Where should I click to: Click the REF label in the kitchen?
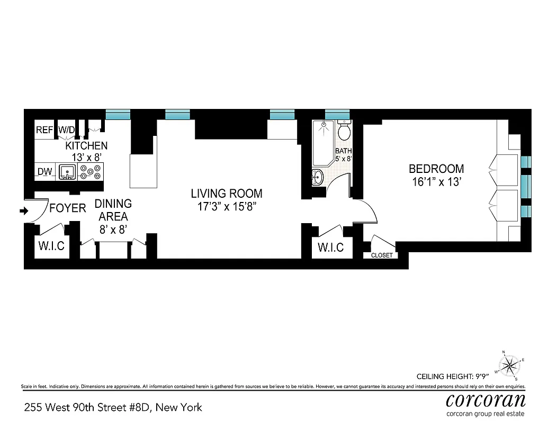[44, 130]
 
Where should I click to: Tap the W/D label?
[66, 130]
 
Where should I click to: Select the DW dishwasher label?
[44, 171]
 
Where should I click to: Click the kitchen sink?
[67, 172]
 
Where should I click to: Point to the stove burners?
[90, 172]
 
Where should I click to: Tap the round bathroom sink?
[317, 177]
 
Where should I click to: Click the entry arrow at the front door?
[24, 211]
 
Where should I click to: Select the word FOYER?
[67, 208]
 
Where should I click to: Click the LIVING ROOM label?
[227, 194]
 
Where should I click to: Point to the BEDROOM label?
[436, 169]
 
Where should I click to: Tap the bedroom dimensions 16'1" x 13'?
[437, 182]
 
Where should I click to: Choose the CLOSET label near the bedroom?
[382, 255]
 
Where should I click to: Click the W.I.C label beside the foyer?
[51, 246]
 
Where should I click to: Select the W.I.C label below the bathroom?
[330, 247]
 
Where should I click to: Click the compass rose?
[509, 365]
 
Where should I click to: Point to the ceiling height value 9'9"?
[482, 376]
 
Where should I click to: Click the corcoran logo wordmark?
[486, 400]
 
